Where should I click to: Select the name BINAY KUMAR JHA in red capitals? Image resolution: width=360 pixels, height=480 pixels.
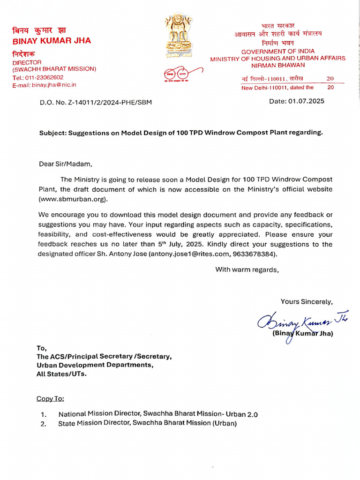[52, 41]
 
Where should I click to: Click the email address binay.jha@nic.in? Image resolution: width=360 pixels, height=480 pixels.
[53, 85]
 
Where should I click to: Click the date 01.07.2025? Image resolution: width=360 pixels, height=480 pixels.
[307, 101]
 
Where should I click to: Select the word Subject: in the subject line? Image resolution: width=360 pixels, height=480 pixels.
[52, 133]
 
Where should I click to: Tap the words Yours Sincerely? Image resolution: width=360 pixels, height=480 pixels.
[307, 301]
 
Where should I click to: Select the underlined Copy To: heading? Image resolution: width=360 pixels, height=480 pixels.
[51, 398]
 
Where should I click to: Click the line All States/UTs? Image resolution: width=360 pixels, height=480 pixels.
[61, 374]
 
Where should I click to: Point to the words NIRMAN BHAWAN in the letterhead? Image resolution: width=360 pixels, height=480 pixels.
[278, 65]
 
